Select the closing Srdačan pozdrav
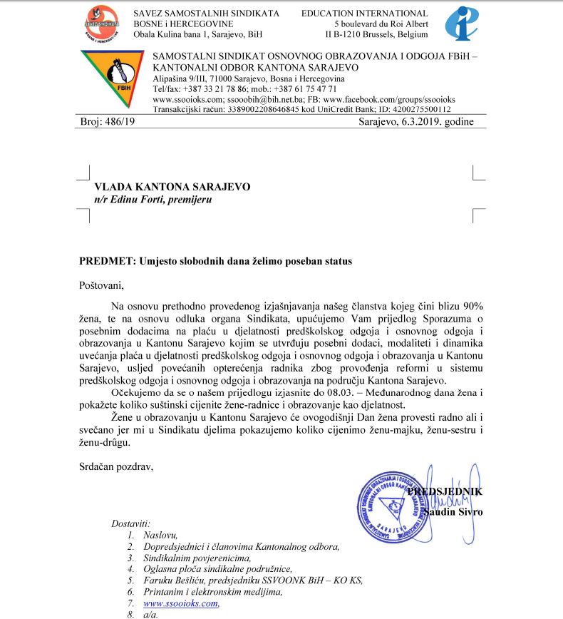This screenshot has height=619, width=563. (x=116, y=467)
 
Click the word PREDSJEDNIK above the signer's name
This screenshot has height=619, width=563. (x=446, y=491)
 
